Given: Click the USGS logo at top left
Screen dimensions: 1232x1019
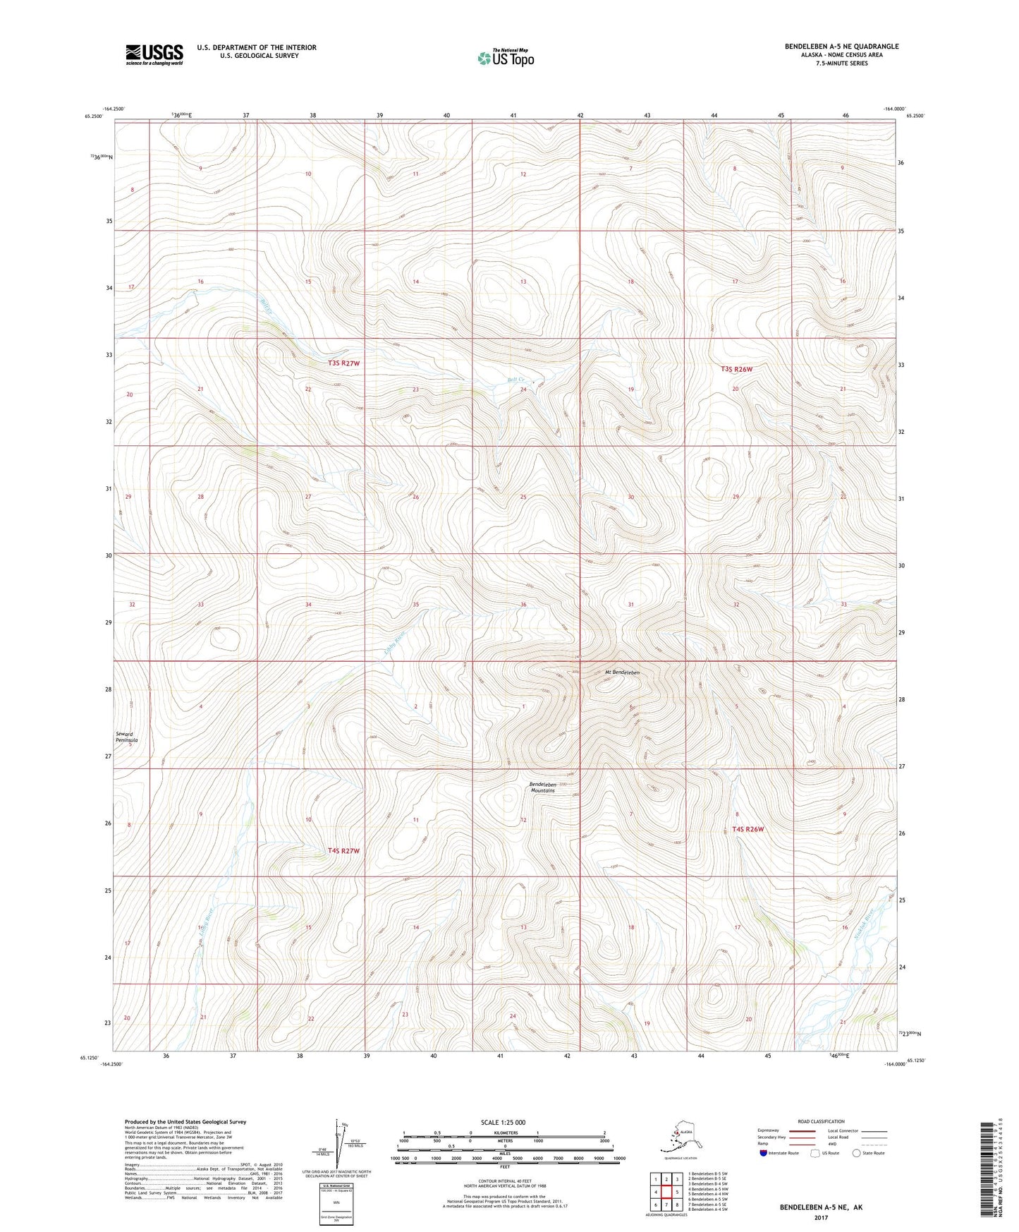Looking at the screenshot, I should [154, 54].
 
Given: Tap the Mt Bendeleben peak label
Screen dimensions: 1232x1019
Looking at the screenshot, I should [621, 672].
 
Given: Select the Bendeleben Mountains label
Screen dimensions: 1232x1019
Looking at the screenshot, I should [542, 787].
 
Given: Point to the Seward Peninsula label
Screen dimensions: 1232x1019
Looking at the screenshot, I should [127, 737].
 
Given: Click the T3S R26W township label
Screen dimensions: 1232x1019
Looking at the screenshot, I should [736, 369].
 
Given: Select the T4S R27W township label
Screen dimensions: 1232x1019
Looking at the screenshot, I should [343, 851].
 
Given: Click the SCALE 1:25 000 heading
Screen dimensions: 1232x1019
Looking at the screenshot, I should [503, 1122].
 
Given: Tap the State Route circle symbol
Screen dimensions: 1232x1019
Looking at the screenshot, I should [857, 1153].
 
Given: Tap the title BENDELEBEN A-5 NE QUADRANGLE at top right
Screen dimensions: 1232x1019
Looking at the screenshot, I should [841, 47].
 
